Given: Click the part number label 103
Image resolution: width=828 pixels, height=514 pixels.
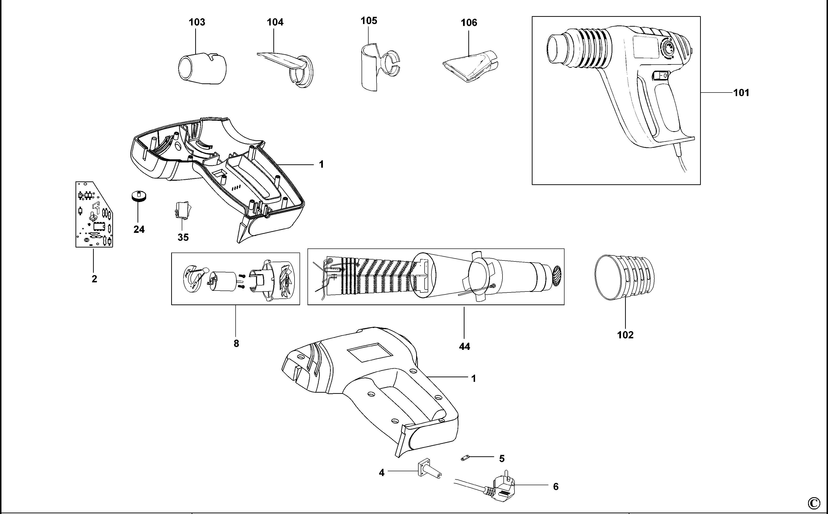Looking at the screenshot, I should (197, 22).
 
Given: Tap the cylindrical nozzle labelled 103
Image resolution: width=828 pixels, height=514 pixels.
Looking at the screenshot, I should (202, 69).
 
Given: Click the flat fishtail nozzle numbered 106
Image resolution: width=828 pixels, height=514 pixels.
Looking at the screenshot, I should (470, 67).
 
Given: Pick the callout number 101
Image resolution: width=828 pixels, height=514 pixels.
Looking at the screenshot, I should (741, 93).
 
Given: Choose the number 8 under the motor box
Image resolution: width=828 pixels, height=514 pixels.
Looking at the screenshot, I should (236, 344).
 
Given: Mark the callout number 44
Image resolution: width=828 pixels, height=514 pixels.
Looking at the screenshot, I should (464, 347).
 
